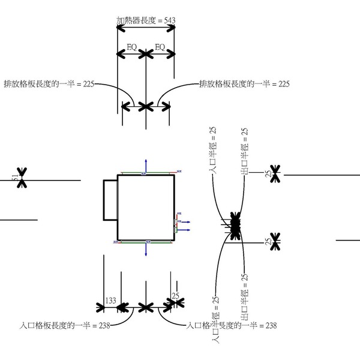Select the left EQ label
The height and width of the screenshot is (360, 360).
click(132, 47)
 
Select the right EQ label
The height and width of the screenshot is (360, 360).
click(160, 47)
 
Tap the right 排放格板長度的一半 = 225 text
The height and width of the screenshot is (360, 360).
click(244, 85)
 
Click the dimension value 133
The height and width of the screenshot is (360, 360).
click(111, 300)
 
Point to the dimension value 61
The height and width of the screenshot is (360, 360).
click(16, 179)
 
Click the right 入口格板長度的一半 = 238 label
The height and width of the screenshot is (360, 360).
click(231, 326)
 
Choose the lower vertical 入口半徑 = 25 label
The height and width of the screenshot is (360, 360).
click(215, 318)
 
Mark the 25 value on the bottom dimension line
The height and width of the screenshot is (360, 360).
click(175, 295)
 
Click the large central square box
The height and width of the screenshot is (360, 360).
click(146, 207)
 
